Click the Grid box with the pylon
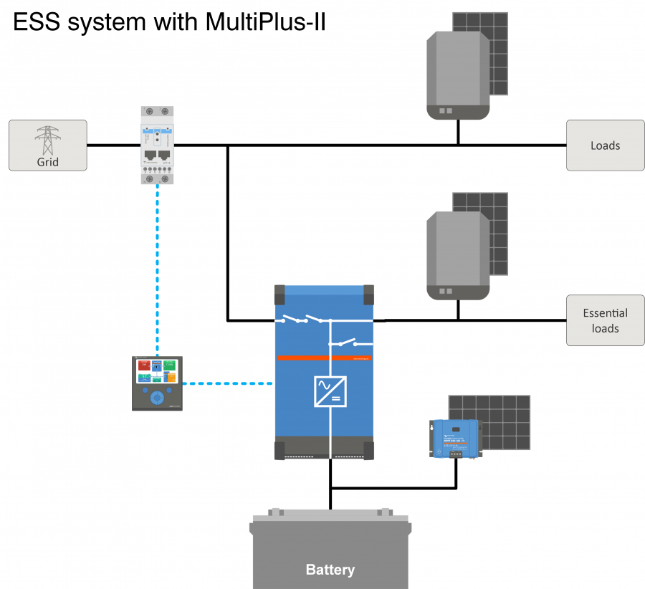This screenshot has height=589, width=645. point(47,145)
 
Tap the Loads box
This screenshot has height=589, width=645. point(605,145)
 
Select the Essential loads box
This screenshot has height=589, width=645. point(605,320)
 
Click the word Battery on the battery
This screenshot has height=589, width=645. point(330,570)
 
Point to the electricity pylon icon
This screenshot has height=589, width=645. point(47,140)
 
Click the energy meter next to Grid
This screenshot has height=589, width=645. point(157,145)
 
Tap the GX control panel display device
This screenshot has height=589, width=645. point(157,383)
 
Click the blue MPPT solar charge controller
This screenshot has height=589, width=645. point(454,436)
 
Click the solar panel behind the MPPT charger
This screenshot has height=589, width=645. point(502,419)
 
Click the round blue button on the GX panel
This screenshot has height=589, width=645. point(157,396)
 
